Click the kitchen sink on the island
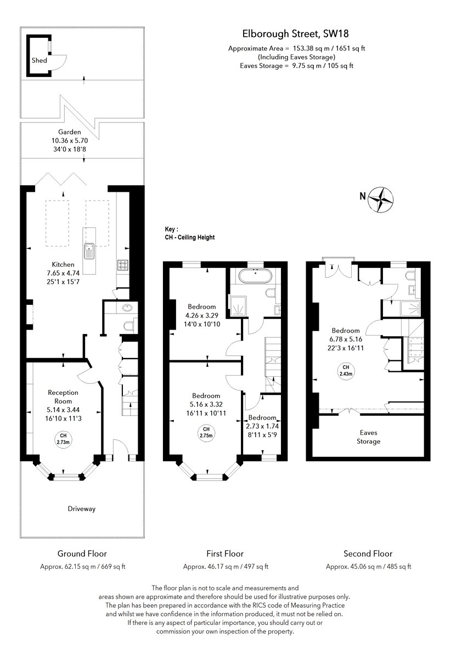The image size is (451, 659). (x=89, y=252)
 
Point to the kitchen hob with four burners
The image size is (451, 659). (x=122, y=265)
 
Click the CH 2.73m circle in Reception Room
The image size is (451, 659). (x=63, y=439)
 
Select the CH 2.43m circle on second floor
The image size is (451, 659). (x=346, y=371)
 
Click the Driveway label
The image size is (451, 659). (x=82, y=509)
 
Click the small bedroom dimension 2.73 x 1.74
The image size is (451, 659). (x=262, y=426)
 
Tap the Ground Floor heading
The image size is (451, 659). (x=82, y=554)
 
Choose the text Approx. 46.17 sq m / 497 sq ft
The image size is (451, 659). (x=226, y=567)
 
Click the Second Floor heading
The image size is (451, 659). (x=368, y=554)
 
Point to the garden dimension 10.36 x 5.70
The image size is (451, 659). (x=70, y=141)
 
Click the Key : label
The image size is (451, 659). (x=171, y=230)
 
